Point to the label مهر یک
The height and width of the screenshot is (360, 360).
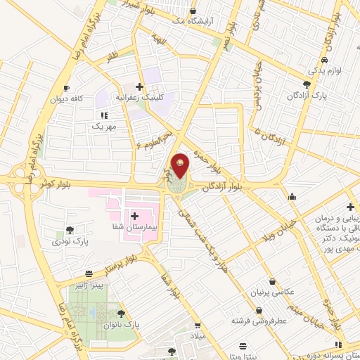[103, 126]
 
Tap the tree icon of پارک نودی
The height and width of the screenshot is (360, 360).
[70, 230]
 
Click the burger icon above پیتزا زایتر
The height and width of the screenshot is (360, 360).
[89, 274]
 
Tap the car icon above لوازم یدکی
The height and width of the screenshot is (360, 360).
[312, 59]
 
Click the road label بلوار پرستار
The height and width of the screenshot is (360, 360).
[106, 259]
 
